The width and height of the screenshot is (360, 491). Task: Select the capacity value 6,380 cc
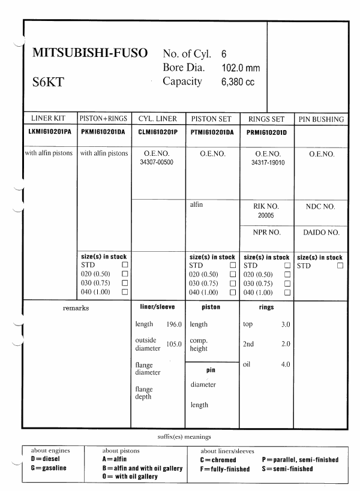point(238,82)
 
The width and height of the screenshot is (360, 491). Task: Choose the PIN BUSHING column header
point(321,119)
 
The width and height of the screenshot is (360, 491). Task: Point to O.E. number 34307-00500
point(159,162)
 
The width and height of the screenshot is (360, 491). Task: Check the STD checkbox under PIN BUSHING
point(340,265)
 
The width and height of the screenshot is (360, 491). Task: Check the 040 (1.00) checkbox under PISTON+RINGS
point(125,292)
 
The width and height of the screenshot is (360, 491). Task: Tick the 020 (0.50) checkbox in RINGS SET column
point(287,274)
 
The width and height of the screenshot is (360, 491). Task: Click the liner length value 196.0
point(175,324)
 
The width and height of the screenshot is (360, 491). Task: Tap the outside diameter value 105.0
point(175,344)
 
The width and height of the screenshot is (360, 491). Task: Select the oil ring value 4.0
point(286,365)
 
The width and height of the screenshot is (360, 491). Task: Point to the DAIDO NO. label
point(321,232)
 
